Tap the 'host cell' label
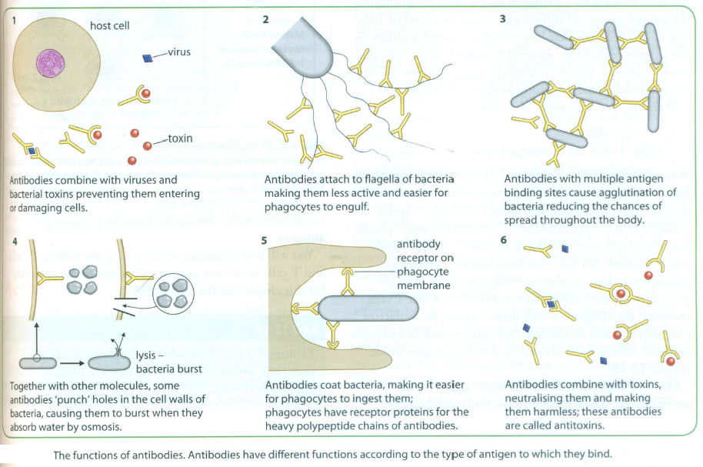click(x=109, y=25)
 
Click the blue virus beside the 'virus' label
click(x=148, y=58)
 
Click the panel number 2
click(x=265, y=19)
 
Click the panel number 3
click(x=502, y=19)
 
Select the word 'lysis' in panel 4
click(x=143, y=355)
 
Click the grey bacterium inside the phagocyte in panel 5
click(x=362, y=309)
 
